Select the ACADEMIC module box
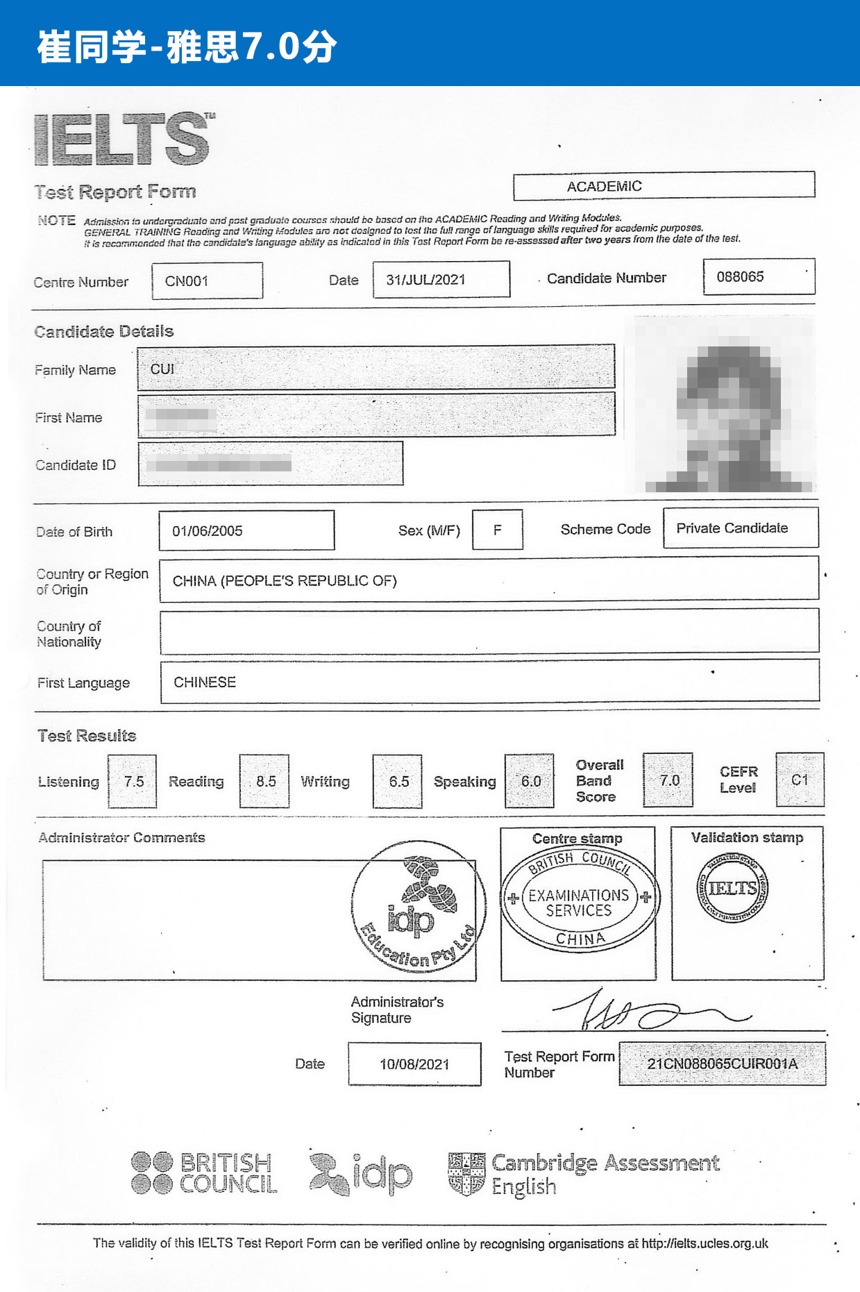604,186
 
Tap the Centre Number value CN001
187,281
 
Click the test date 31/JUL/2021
425,280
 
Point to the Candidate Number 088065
740,277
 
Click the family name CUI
162,369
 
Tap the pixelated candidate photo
722,406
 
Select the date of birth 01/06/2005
208,531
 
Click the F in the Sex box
497,530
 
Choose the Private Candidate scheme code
732,528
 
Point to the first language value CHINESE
205,682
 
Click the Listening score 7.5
133,782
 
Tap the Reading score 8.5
265,782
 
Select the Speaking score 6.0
530,782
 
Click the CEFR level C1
800,780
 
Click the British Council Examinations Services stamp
580,900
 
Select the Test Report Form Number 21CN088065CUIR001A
722,1064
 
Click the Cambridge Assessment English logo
584,1173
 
